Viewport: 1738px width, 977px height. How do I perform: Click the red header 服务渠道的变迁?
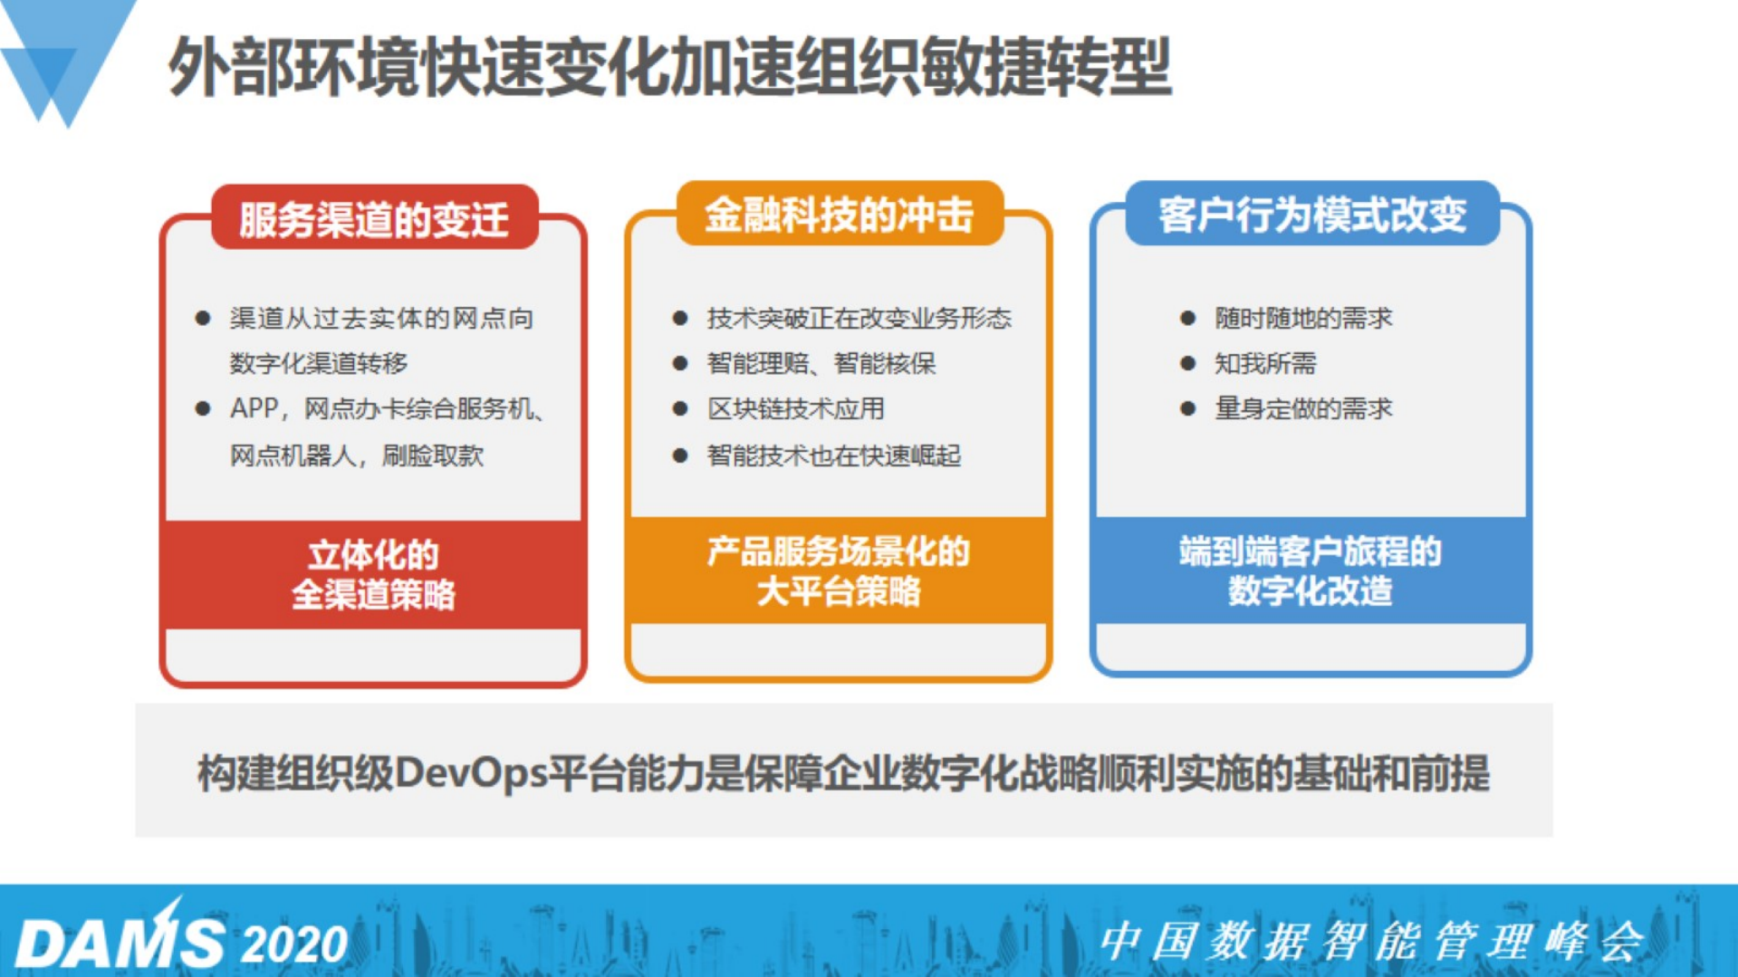click(374, 219)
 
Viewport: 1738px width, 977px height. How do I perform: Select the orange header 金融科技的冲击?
click(839, 216)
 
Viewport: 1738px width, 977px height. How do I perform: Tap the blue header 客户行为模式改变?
click(1311, 216)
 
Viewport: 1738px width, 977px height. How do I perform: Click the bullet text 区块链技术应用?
click(795, 409)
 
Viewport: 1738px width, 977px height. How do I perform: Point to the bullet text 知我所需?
click(1264, 364)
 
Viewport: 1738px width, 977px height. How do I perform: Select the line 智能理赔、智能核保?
click(821, 364)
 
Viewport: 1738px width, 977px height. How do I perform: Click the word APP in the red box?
click(254, 409)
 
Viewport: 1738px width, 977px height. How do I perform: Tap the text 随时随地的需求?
click(1302, 319)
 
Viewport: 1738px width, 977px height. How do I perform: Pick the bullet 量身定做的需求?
click(1302, 409)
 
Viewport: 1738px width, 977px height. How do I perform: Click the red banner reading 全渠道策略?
click(373, 595)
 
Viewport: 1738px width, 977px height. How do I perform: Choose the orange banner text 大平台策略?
click(839, 592)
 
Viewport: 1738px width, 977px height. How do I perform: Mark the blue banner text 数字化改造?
click(1310, 592)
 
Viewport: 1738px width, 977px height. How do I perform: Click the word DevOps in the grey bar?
click(471, 773)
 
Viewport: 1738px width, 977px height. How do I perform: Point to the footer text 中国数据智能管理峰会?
click(1371, 942)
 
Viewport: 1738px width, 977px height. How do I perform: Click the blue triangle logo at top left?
click(63, 54)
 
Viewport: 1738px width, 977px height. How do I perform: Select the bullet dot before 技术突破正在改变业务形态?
click(680, 319)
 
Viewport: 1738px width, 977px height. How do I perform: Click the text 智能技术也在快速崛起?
click(833, 455)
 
